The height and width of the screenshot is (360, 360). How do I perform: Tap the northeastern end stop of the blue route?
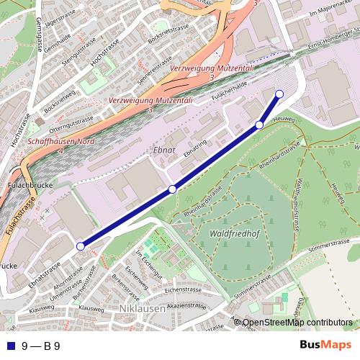[279, 94]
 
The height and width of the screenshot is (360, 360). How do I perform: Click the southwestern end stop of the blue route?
[80, 246]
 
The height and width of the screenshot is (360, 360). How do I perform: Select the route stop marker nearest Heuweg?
[259, 125]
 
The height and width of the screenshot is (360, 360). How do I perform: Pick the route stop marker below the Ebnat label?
[172, 189]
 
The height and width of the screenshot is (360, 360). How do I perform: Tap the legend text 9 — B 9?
[40, 346]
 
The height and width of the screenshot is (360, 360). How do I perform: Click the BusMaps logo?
[325, 345]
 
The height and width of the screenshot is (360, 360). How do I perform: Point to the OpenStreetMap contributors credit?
[297, 323]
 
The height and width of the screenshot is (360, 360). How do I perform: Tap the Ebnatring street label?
[194, 145]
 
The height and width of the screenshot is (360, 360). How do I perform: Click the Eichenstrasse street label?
[179, 289]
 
